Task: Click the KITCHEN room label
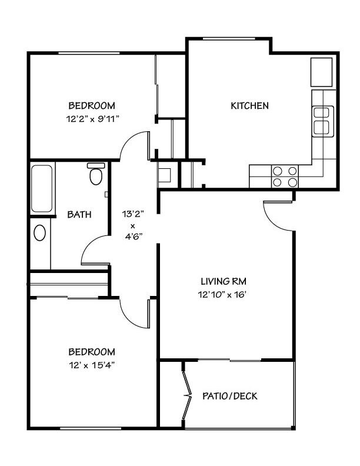[249, 105]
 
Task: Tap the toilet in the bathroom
[96, 174]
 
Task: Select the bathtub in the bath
[42, 188]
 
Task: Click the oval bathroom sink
[39, 232]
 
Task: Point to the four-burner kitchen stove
[285, 177]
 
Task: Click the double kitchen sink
[322, 121]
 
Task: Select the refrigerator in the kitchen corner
[321, 72]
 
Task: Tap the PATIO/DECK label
[229, 396]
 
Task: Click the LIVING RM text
[224, 281]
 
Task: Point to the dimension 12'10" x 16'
[222, 295]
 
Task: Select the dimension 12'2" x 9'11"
[92, 119]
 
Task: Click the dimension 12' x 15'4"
[92, 365]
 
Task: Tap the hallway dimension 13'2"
[133, 214]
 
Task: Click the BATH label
[79, 214]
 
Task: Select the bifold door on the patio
[187, 395]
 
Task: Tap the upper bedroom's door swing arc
[128, 139]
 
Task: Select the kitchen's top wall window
[229, 38]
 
